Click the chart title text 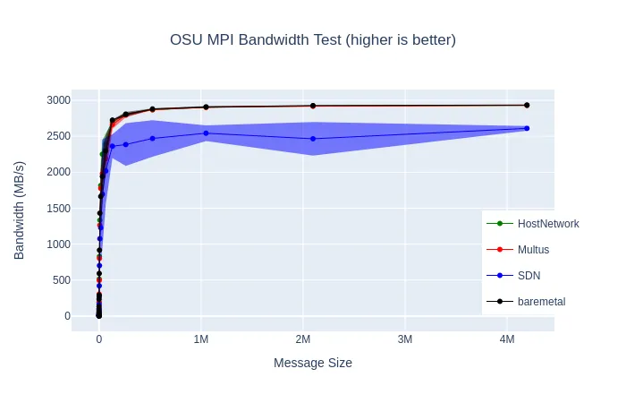pos(313,40)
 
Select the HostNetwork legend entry pos(547,224)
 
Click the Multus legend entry pos(533,250)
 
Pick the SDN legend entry pos(529,276)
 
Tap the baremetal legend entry pos(541,302)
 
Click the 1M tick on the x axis pos(201,340)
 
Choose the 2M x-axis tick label pos(303,340)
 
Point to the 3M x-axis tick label pos(405,340)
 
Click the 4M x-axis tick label pos(507,340)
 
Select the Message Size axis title pos(313,363)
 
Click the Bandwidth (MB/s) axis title pos(20,210)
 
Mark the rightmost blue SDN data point pos(527,128)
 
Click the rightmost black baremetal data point pos(527,105)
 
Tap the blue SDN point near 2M pos(313,138)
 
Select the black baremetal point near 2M pos(313,106)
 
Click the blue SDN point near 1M pos(206,133)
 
